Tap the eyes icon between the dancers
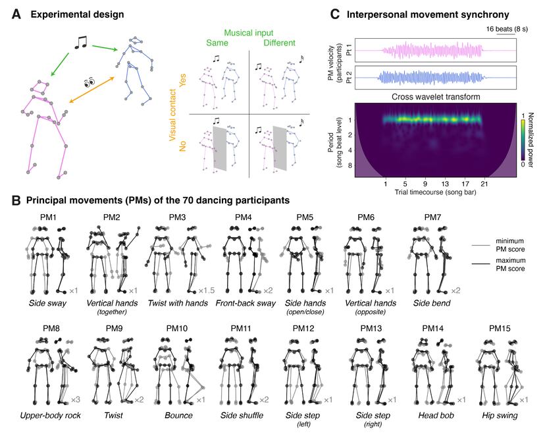(90, 83)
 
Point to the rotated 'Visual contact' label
(176, 113)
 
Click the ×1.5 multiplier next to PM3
(206, 290)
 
